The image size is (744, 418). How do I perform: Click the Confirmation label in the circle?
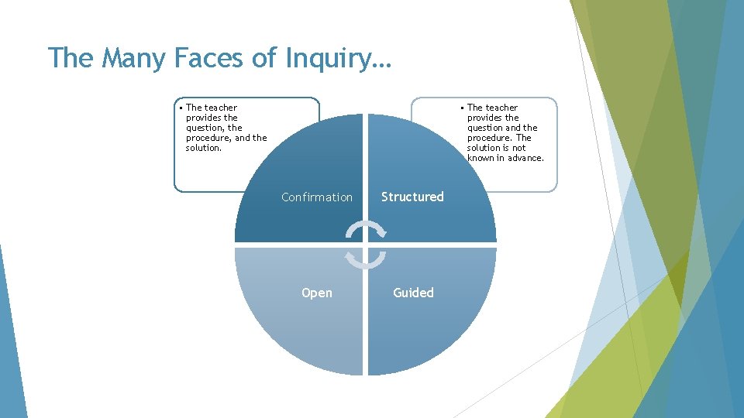coord(316,197)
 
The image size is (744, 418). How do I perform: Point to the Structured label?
coord(412,197)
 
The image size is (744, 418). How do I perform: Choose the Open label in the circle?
coord(316,293)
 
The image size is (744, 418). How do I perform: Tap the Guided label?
coord(413,293)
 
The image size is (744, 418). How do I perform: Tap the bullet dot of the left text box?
coord(181,108)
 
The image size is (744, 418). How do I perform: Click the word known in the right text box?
coord(482,158)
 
